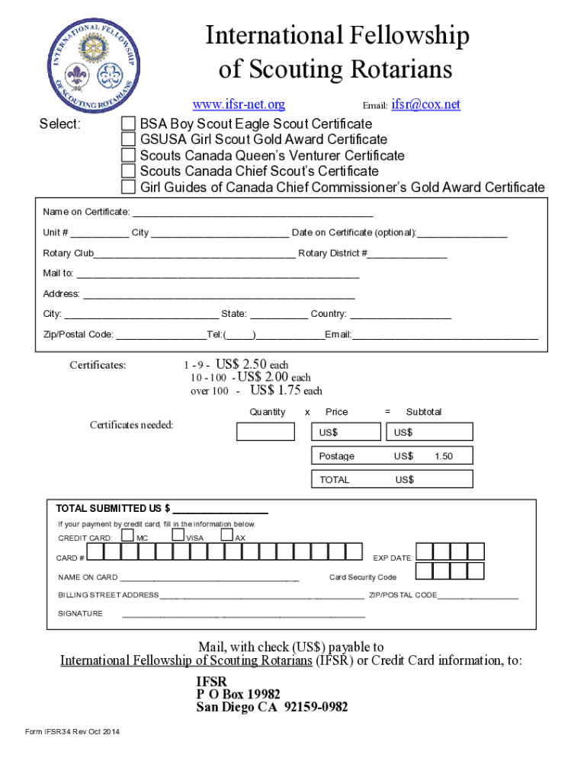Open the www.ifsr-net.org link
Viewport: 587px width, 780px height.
pyautogui.click(x=239, y=104)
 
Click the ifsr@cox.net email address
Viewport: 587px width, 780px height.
pyautogui.click(x=426, y=104)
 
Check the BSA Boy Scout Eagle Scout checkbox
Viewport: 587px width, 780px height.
pyautogui.click(x=130, y=124)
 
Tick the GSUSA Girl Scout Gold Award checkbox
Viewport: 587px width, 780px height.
pyautogui.click(x=130, y=139)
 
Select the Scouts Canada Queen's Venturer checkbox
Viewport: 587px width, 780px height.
pyautogui.click(x=130, y=155)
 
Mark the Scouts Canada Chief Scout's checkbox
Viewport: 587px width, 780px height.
pyautogui.click(x=130, y=171)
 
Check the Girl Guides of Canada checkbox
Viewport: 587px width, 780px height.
pyautogui.click(x=130, y=187)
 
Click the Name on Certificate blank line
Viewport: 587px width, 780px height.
pyautogui.click(x=252, y=212)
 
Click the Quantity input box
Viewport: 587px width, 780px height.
pyautogui.click(x=265, y=432)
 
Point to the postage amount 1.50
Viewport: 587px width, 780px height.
pyautogui.click(x=444, y=456)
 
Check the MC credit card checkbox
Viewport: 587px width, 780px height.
pyautogui.click(x=128, y=535)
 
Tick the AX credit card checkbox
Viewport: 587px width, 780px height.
pyautogui.click(x=227, y=535)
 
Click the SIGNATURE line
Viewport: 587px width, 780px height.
pyautogui.click(x=244, y=613)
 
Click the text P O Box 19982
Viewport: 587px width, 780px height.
pyautogui.click(x=239, y=694)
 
